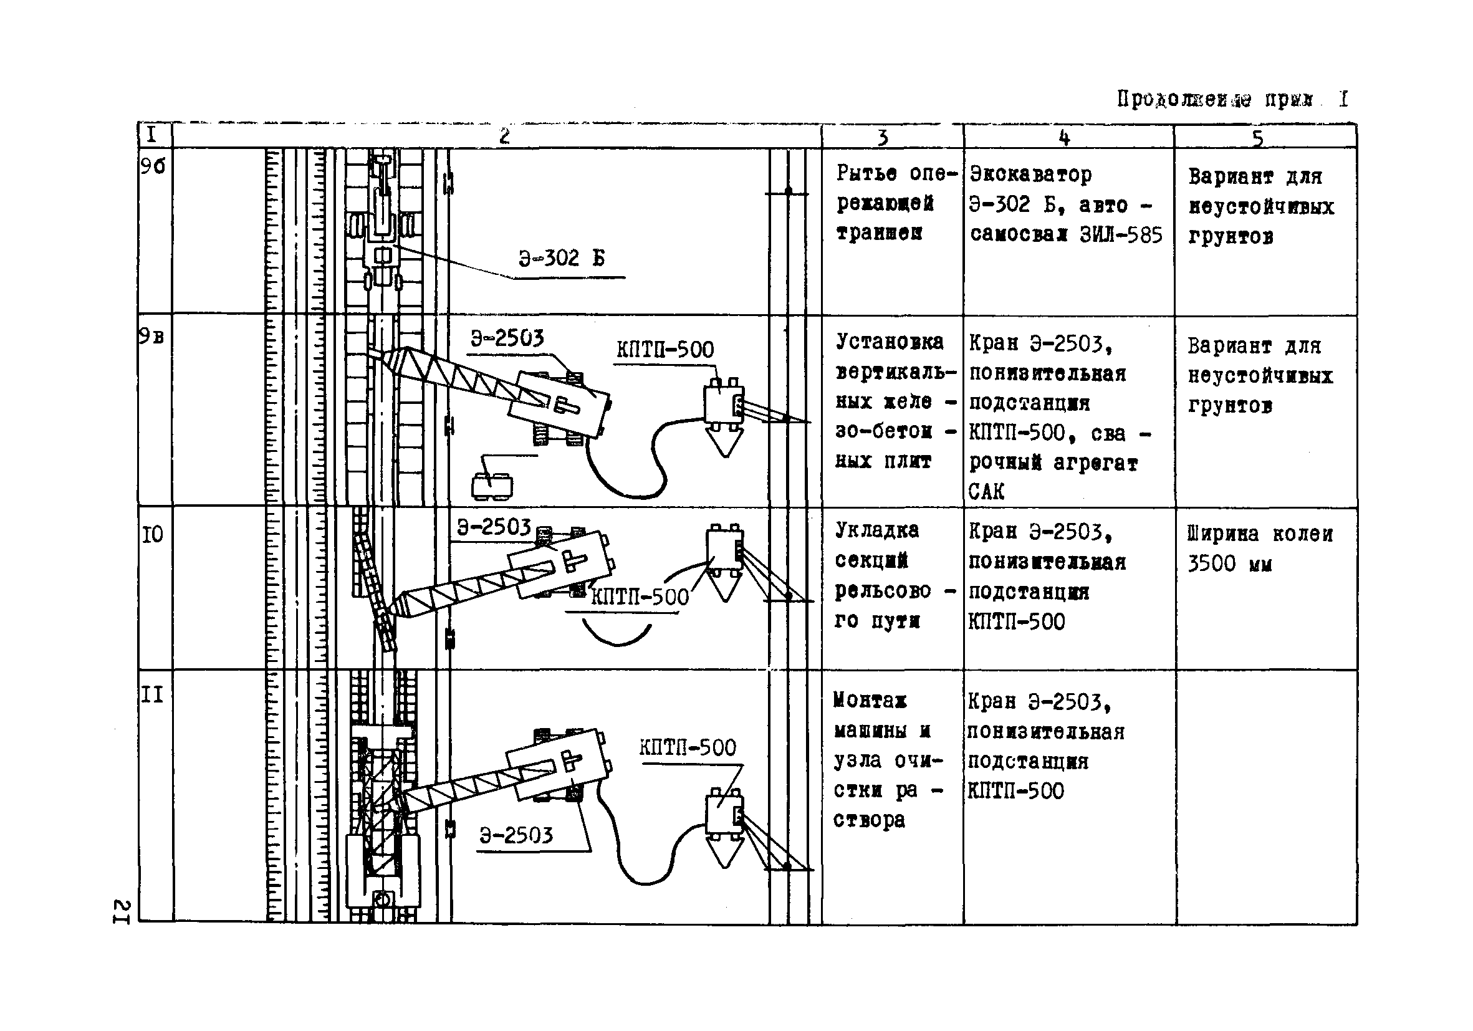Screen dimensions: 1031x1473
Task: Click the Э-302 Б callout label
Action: tap(562, 259)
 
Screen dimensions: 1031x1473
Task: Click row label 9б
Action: tap(153, 167)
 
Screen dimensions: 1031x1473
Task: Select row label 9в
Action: tap(151, 336)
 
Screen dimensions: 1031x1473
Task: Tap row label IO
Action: tap(152, 534)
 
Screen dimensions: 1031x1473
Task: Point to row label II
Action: tap(152, 695)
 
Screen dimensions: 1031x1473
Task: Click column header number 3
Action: tap(883, 137)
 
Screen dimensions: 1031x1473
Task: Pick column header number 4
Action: tap(1064, 137)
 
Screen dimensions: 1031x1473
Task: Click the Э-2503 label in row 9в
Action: tap(507, 338)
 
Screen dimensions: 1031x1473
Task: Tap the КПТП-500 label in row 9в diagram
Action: tap(665, 350)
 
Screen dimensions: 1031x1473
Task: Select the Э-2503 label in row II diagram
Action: tap(516, 835)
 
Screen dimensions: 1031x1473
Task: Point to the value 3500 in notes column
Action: tap(1211, 564)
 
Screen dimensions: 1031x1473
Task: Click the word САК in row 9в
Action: tap(986, 492)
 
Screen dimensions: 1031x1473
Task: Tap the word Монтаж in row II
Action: tap(870, 701)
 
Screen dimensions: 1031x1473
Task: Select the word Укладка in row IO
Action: tap(876, 530)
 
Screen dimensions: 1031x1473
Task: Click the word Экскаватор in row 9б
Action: tap(1030, 175)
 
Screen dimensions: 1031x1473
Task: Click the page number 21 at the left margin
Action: tap(122, 912)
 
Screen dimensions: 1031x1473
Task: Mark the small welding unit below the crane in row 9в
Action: tap(492, 486)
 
